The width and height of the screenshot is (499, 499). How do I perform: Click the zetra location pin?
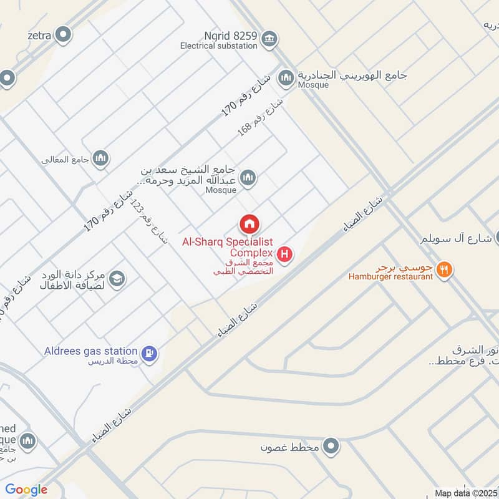pos(62,35)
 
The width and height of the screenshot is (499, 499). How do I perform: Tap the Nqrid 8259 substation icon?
pos(269,39)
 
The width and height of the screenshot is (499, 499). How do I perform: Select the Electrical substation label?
pos(218,46)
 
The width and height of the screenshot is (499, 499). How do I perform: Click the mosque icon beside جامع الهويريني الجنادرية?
pos(286,77)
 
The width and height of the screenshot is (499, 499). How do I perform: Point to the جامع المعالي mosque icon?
pos(100,159)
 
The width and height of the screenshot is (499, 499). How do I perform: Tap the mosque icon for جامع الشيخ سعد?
pos(248,178)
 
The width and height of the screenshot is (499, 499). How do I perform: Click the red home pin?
pos(249,223)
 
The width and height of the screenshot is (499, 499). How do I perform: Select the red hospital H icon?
pos(285,254)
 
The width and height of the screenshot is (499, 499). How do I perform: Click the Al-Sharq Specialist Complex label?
pos(228,247)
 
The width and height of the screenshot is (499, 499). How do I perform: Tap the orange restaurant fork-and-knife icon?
pos(444,269)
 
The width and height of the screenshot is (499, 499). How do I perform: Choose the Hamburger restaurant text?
pos(390,276)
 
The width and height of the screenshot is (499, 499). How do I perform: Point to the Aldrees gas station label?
pos(90,351)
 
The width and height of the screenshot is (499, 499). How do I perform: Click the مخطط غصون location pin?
pos(332,447)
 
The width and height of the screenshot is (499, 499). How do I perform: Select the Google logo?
pos(26,490)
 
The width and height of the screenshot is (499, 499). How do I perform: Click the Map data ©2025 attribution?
pos(467,493)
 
